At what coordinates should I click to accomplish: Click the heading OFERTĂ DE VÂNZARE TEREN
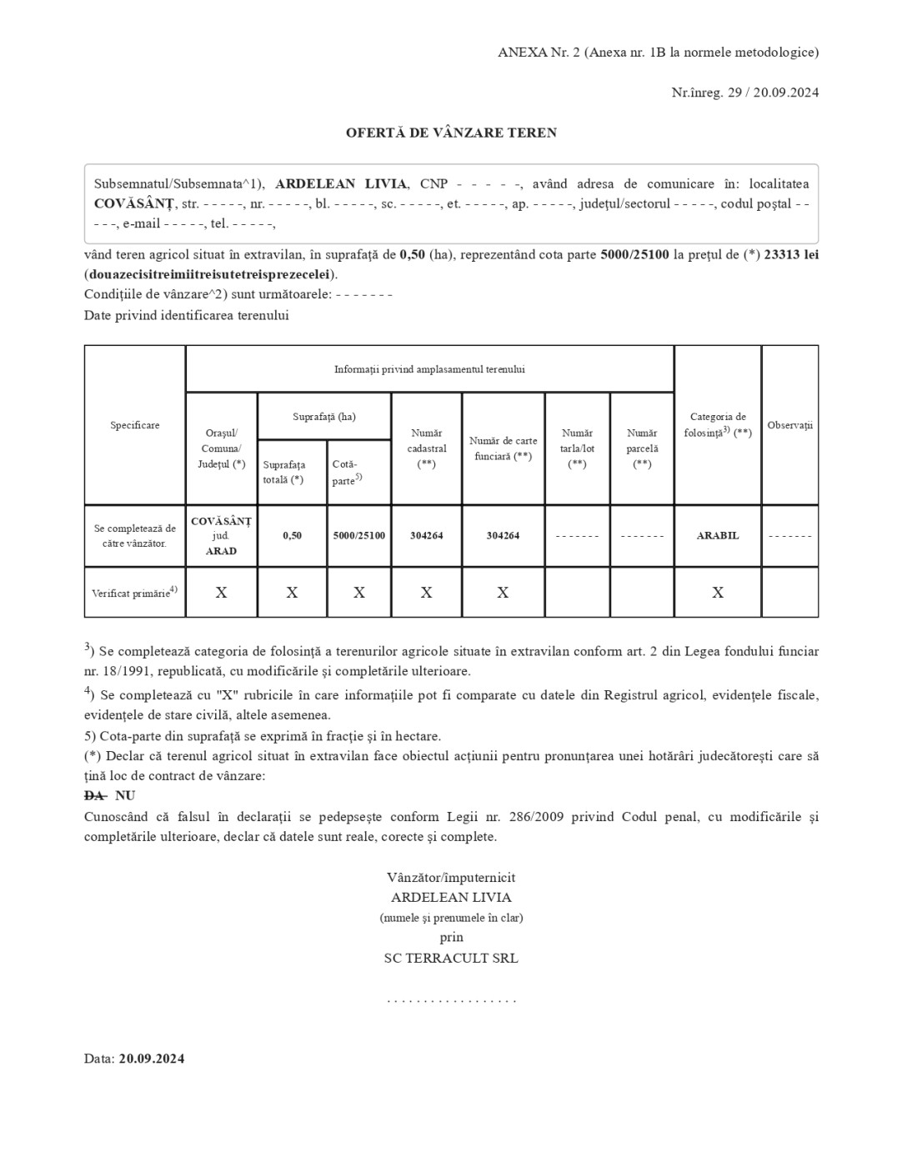(451, 133)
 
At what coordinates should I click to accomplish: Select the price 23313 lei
(791, 254)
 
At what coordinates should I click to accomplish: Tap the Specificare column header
(135, 425)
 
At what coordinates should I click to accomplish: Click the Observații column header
(789, 425)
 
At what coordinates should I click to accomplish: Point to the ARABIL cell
(718, 535)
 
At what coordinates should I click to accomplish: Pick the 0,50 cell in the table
(292, 535)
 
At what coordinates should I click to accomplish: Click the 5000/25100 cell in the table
(359, 535)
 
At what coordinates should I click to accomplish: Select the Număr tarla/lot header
(577, 448)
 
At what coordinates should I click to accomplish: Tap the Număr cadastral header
(427, 448)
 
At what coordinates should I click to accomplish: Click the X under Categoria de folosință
(718, 593)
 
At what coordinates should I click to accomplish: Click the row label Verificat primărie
(134, 593)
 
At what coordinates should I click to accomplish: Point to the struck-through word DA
(94, 796)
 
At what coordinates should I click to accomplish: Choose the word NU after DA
(125, 796)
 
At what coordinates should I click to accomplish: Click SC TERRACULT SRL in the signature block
(451, 959)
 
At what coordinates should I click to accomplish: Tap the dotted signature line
(451, 999)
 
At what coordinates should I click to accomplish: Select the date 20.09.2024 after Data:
(152, 1059)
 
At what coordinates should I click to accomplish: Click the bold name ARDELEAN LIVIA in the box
(341, 184)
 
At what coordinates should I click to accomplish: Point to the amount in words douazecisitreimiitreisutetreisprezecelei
(209, 274)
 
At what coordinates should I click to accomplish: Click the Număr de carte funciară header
(503, 448)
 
